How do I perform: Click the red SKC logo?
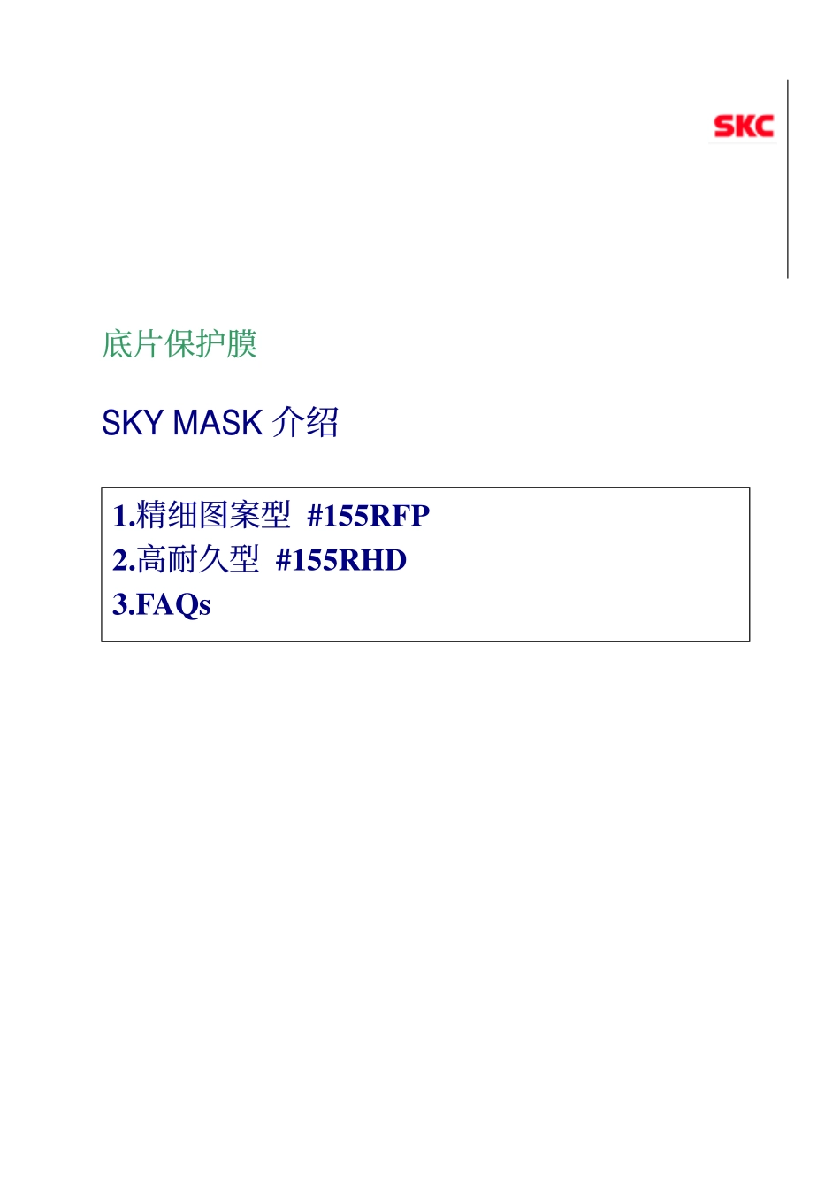[x=744, y=127]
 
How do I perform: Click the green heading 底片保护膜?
[x=179, y=344]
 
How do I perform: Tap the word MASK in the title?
[x=218, y=423]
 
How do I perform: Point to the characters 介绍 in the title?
[x=305, y=423]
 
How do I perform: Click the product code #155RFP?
[x=369, y=515]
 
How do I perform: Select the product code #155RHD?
[x=341, y=560]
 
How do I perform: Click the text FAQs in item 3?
[x=173, y=605]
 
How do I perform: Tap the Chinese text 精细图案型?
[x=213, y=515]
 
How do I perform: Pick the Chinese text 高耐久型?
[x=198, y=559]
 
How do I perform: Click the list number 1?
[x=120, y=516]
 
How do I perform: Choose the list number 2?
[x=120, y=560]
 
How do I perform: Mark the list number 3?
[x=120, y=605]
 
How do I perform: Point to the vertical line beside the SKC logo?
[x=788, y=179]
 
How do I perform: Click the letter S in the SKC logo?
[x=723, y=127]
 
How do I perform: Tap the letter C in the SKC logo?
[x=764, y=127]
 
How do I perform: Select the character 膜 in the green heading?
[x=242, y=344]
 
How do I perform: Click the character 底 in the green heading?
[x=117, y=344]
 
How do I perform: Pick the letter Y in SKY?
[x=152, y=423]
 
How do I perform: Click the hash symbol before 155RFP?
[x=315, y=516]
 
